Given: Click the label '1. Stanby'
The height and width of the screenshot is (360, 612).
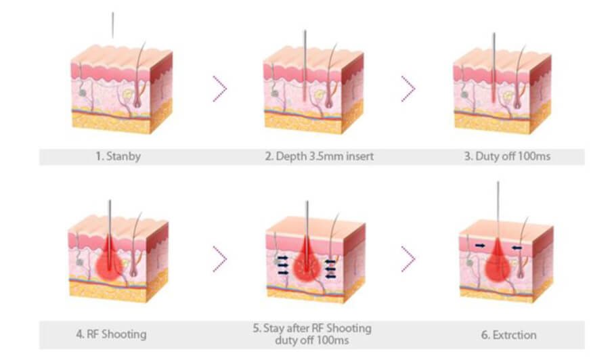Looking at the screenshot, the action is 118,156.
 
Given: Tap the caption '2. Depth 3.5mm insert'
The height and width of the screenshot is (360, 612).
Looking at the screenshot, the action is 320,156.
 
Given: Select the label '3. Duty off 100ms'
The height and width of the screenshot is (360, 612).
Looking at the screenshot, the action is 507,156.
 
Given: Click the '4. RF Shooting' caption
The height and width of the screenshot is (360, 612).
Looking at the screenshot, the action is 111,334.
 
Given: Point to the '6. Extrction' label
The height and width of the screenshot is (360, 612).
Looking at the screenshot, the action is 508,335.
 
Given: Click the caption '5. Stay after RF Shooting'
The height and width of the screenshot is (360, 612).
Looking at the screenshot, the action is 312,328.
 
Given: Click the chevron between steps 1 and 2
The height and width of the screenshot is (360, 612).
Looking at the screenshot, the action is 220,89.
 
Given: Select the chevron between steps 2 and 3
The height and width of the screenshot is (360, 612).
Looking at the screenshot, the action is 408,89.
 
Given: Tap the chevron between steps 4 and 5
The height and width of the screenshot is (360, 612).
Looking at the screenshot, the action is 220,259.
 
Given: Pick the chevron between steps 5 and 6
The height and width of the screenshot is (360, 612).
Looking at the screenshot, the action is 408,259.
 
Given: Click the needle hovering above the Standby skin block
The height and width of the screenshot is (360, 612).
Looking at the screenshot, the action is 113,25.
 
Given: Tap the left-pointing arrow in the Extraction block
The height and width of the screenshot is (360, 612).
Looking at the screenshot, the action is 517,248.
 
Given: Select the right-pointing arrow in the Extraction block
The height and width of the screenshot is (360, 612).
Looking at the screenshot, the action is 481,246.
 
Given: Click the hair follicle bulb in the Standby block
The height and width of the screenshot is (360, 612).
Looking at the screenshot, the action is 136,102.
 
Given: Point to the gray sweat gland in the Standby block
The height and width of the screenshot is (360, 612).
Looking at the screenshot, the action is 83,93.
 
